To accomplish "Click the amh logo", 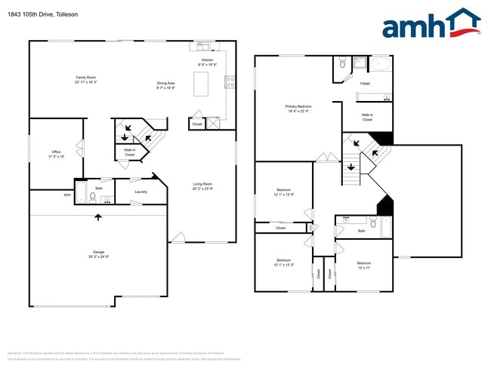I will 430,24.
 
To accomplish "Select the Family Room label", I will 85,79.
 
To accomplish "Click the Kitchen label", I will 207,62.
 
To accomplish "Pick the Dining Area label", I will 165,85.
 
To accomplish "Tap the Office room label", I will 57,154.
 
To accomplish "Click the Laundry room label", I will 141,192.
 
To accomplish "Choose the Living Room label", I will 202,186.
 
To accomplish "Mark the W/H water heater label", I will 67,195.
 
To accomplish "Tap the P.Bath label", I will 365,84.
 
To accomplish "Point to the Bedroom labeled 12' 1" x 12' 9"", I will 284,192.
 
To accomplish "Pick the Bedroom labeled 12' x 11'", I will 364,265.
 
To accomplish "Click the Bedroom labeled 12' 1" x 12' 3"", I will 284,262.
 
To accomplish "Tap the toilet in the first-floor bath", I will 93,198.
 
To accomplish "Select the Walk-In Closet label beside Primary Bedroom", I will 367,117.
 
